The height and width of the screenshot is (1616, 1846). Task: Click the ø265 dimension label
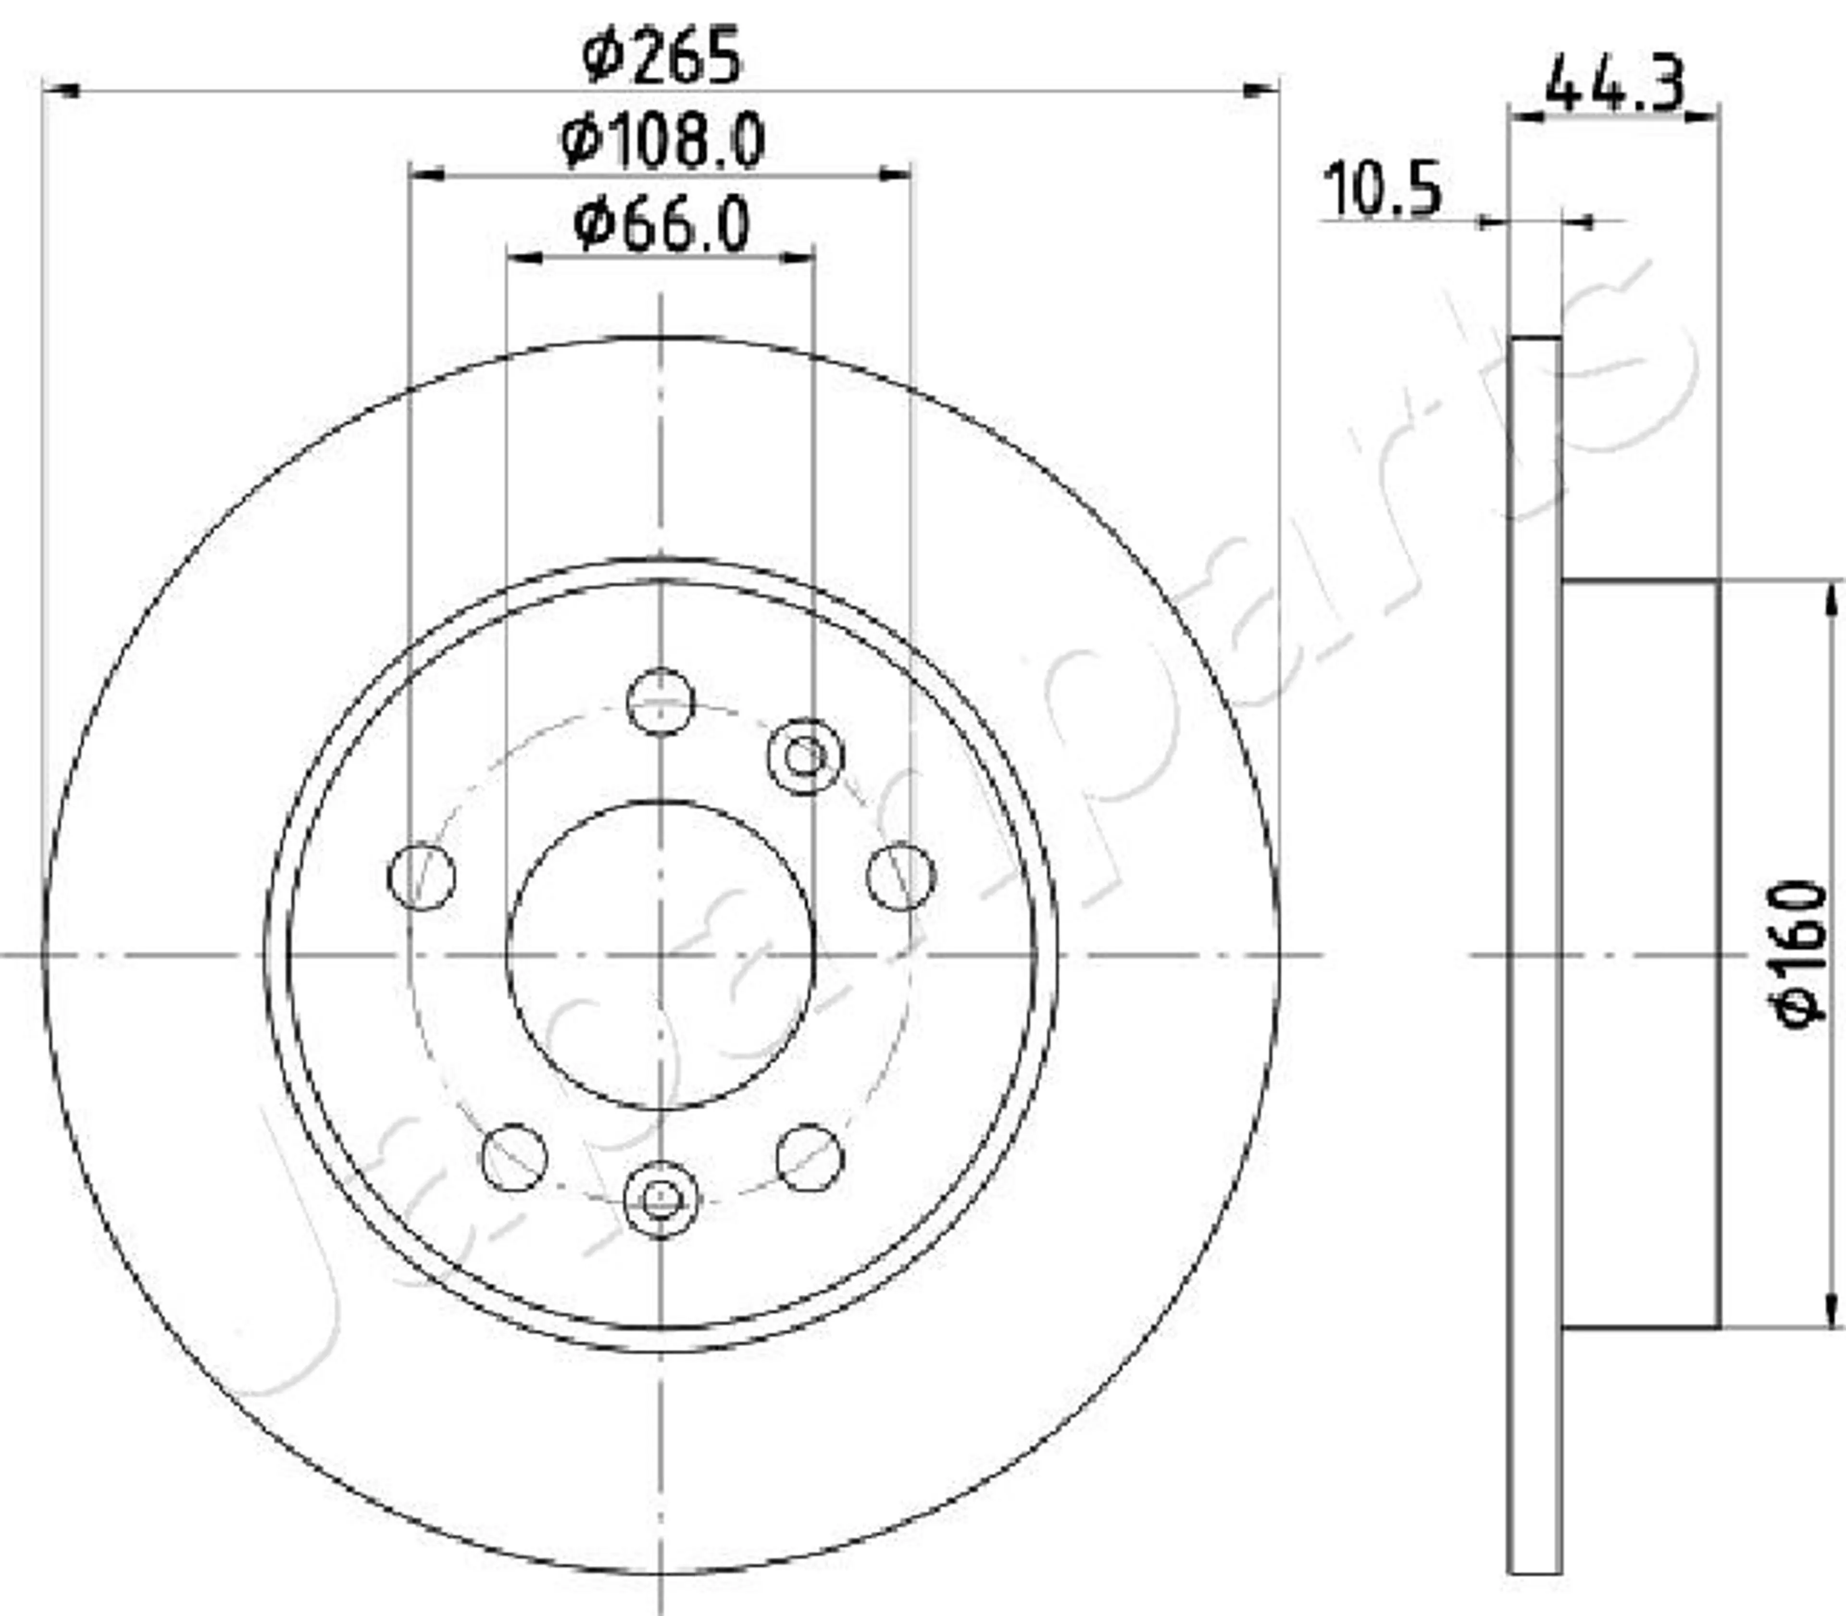click(662, 56)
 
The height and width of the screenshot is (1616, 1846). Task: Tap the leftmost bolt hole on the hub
click(421, 876)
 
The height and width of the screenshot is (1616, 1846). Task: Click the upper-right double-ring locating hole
click(806, 757)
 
